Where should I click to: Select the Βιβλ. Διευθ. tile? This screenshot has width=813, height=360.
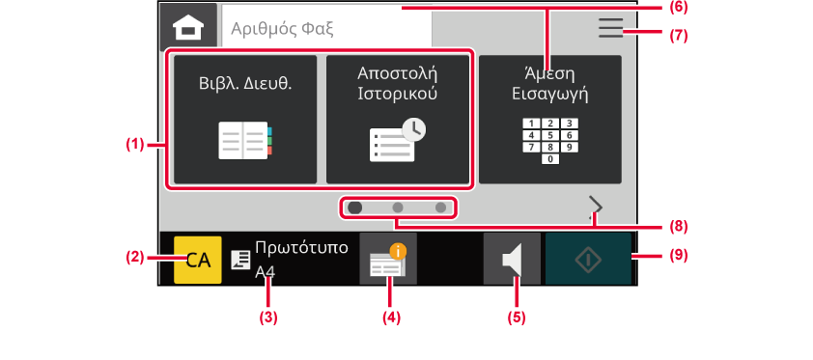(245, 120)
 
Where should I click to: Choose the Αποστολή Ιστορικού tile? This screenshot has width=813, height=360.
(398, 120)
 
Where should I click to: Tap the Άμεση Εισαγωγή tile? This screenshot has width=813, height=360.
(550, 120)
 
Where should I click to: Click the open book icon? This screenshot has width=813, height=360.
(245, 140)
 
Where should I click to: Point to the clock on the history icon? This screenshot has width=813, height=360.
(413, 130)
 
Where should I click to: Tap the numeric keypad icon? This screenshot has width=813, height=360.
(550, 141)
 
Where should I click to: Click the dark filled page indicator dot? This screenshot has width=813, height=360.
(355, 208)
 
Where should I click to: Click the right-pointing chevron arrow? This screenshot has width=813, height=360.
(597, 207)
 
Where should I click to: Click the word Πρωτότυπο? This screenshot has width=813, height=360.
(302, 248)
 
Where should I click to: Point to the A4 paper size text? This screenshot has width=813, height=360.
(265, 272)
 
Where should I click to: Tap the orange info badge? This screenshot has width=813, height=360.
(398, 252)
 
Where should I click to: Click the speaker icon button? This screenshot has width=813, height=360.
(512, 259)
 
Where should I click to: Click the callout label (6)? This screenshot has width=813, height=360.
(678, 8)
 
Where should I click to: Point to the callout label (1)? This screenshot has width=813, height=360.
(135, 145)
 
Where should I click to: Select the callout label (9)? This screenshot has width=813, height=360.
(678, 256)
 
